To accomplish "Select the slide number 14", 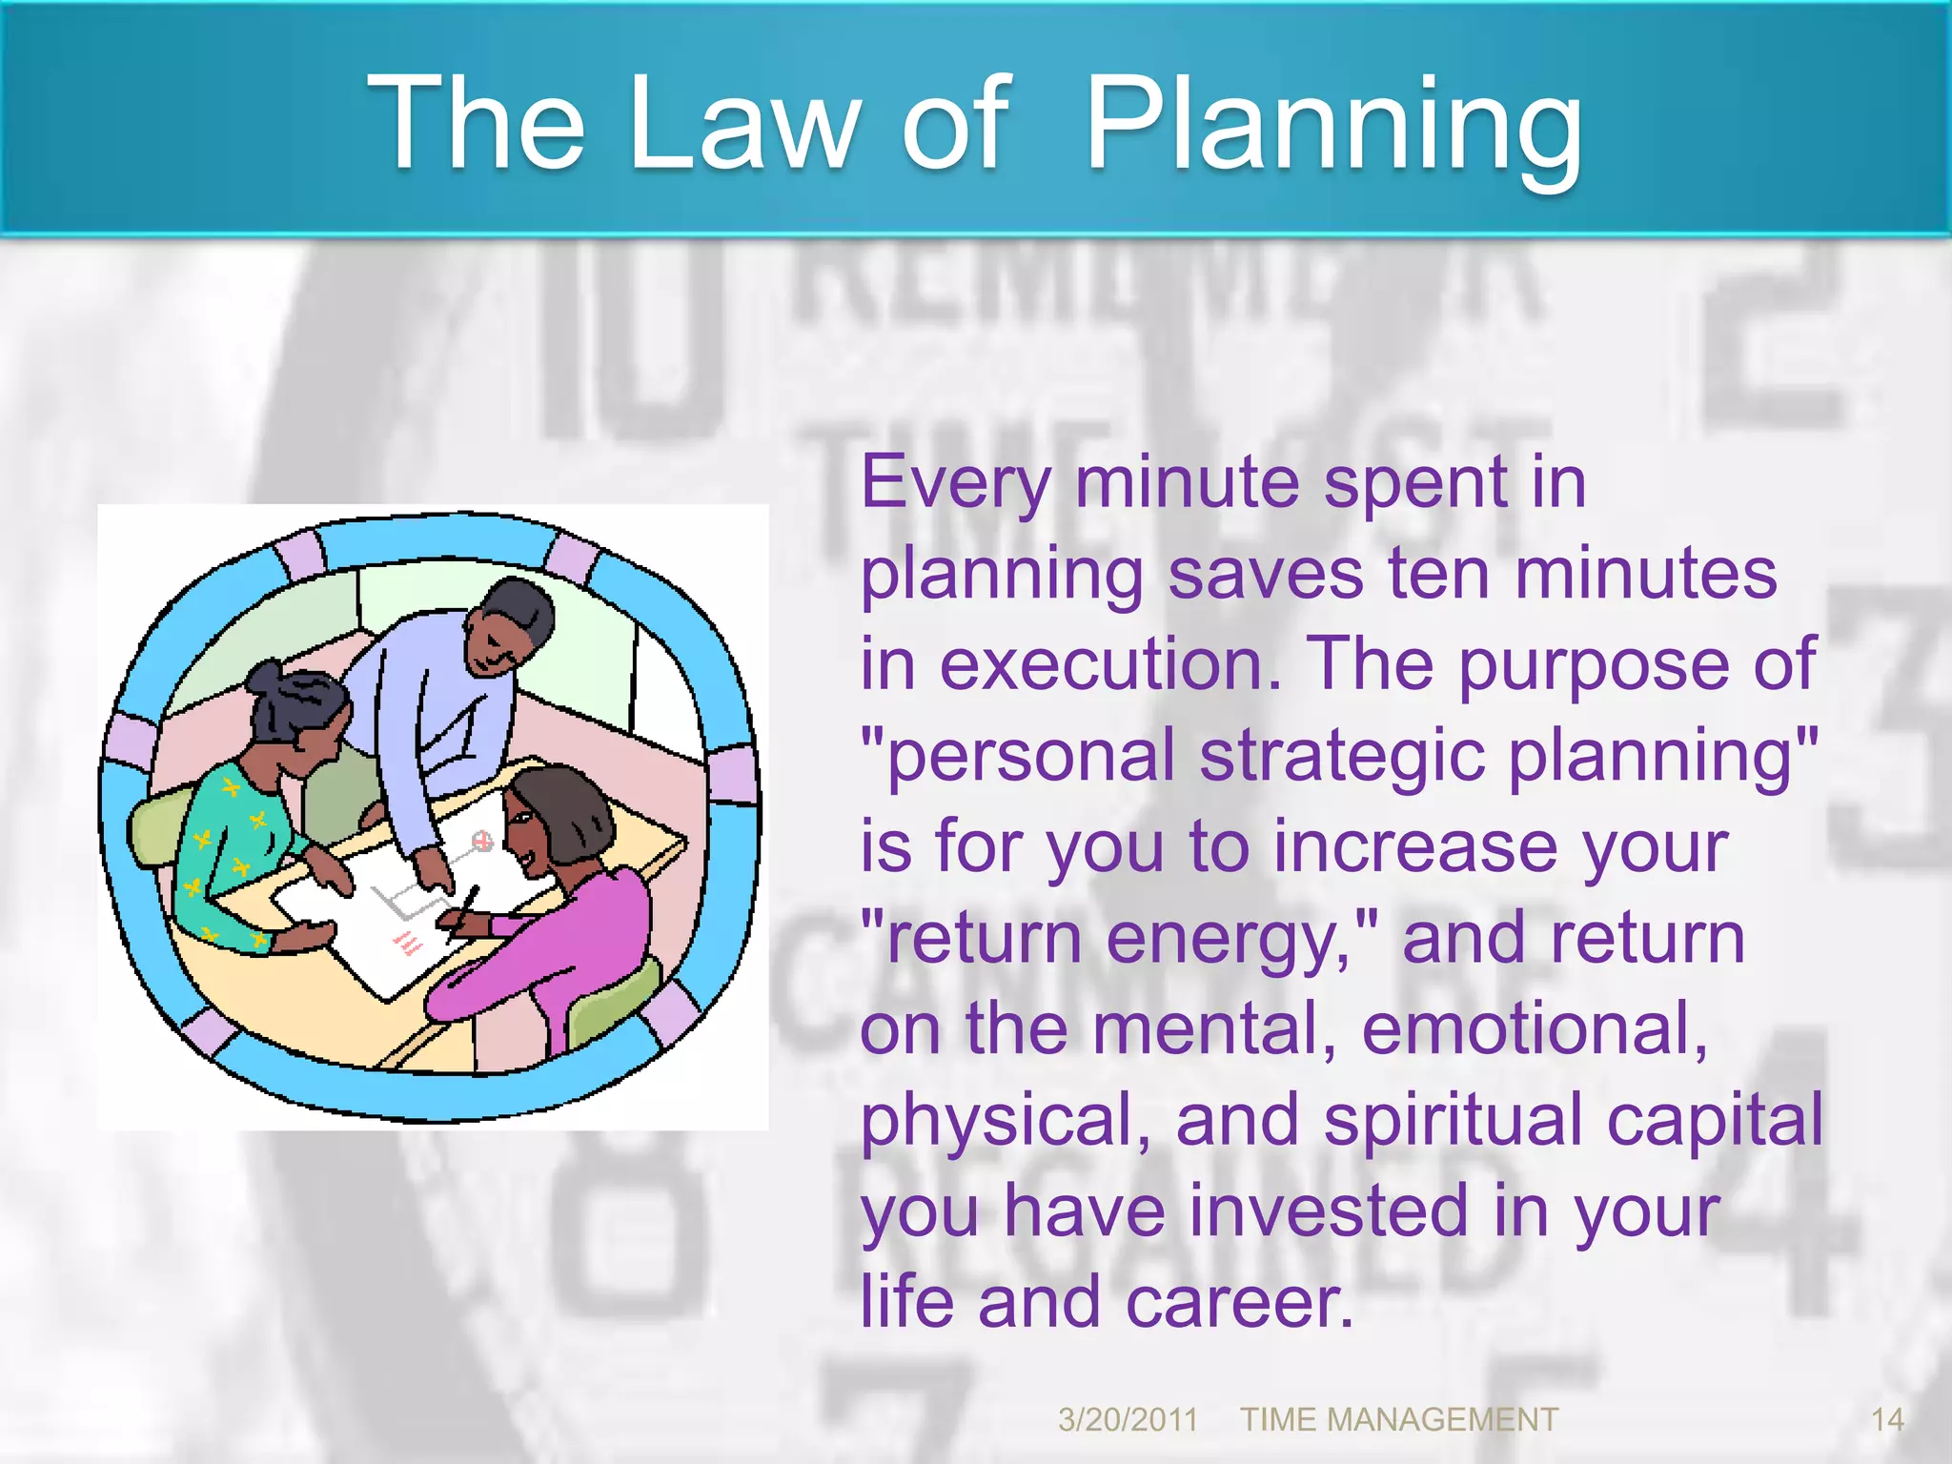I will point(1887,1420).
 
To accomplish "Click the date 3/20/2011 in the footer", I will point(1128,1420).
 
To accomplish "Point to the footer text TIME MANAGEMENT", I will point(1398,1420).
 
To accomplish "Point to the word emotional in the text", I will point(1533,1029).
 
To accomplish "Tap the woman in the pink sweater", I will point(562,915).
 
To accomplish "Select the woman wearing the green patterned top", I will point(238,839).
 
